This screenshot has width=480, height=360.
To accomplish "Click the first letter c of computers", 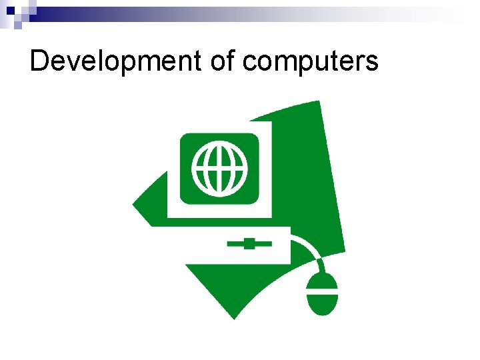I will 249,63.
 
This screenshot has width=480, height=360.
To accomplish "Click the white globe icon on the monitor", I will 219,167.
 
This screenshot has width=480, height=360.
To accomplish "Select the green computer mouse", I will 322,294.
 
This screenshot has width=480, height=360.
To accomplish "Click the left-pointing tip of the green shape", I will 134,204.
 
